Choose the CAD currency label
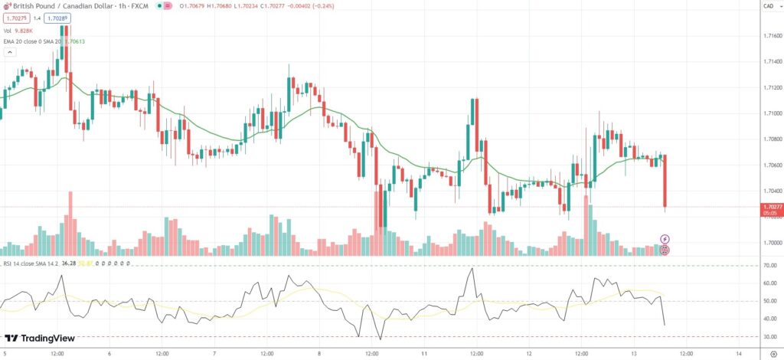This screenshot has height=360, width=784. (768, 6)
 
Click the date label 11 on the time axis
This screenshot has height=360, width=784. (424, 354)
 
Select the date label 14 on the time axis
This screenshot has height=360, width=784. (738, 354)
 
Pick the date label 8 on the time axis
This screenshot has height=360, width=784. (319, 354)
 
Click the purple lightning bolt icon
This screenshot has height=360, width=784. (665, 239)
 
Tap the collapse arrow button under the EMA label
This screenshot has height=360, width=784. (9, 52)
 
